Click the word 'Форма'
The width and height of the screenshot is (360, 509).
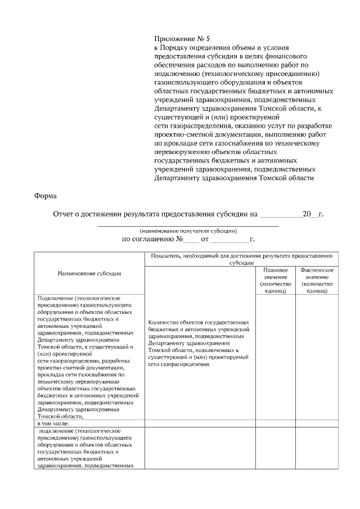coord(45,196)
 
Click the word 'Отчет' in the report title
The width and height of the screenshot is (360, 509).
coord(64,214)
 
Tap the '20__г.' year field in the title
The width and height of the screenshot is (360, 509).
coord(313,214)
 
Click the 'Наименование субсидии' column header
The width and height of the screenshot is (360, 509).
coord(90,273)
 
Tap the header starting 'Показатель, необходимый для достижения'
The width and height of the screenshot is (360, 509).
coord(242,259)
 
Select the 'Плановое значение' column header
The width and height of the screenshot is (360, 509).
coord(276,281)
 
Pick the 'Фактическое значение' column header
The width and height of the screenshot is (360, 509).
coord(317,281)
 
